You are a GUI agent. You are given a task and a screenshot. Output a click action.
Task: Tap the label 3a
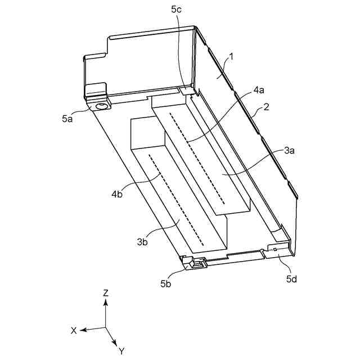pos(290,150)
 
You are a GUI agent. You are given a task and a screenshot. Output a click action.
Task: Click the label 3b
pos(142,242)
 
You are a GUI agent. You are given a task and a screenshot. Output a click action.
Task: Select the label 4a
pos(259,89)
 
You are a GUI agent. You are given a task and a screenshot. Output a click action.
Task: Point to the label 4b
pos(117,194)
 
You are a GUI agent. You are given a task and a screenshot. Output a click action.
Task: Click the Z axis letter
pos(105,292)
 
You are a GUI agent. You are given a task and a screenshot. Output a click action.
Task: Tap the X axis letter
pos(73,331)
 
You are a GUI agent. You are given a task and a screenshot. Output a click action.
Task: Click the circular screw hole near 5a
pos(102,106)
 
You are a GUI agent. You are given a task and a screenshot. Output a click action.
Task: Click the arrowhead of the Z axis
pos(105,301)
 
